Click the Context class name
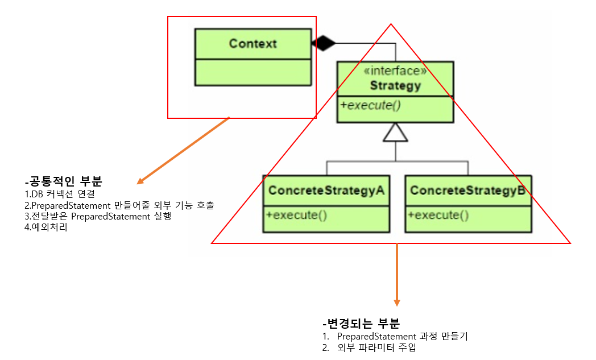(253, 44)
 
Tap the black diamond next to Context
(324, 43)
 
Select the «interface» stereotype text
(395, 71)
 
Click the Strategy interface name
(395, 86)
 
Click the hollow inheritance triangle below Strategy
(395, 133)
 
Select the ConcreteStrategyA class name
(326, 191)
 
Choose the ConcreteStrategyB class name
(467, 191)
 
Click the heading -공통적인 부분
(63, 183)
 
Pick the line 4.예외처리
(43, 228)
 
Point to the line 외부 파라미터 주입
(376, 347)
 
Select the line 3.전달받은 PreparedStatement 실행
(93, 217)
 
